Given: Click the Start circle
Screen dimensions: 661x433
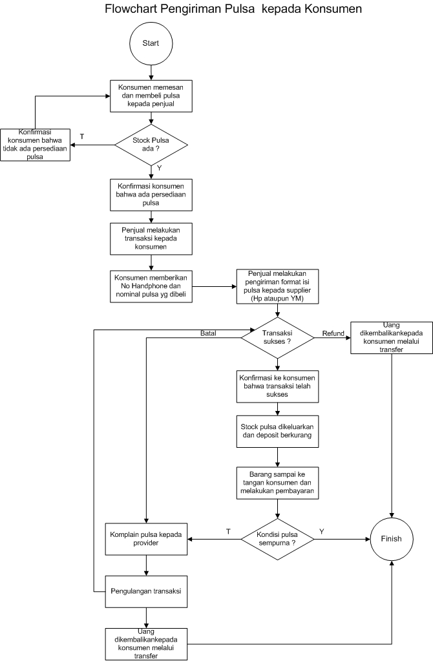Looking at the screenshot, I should click(151, 45).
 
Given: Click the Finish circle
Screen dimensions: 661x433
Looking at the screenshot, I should click(391, 538).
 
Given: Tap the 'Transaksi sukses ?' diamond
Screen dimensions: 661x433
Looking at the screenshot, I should click(277, 337).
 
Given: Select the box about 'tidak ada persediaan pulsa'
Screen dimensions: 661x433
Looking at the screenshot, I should click(36, 144).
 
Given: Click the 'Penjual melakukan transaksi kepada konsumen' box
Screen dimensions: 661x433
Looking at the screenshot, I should click(151, 238).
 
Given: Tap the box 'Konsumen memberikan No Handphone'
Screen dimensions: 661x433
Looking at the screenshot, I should click(151, 285).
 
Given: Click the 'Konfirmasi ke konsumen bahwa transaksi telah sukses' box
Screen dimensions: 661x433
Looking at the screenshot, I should click(277, 386).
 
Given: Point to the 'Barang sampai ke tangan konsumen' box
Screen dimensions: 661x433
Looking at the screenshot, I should click(277, 482).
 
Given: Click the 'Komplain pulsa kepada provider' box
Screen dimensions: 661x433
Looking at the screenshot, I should click(147, 538).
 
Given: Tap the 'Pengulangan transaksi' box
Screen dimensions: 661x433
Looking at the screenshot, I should click(147, 591).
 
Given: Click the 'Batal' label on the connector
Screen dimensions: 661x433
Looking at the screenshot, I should click(207, 333).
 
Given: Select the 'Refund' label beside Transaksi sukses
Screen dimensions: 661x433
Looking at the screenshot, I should click(333, 333).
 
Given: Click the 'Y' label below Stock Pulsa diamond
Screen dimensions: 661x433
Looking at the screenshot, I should click(159, 168).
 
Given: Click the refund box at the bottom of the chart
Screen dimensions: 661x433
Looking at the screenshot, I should click(147, 644).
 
